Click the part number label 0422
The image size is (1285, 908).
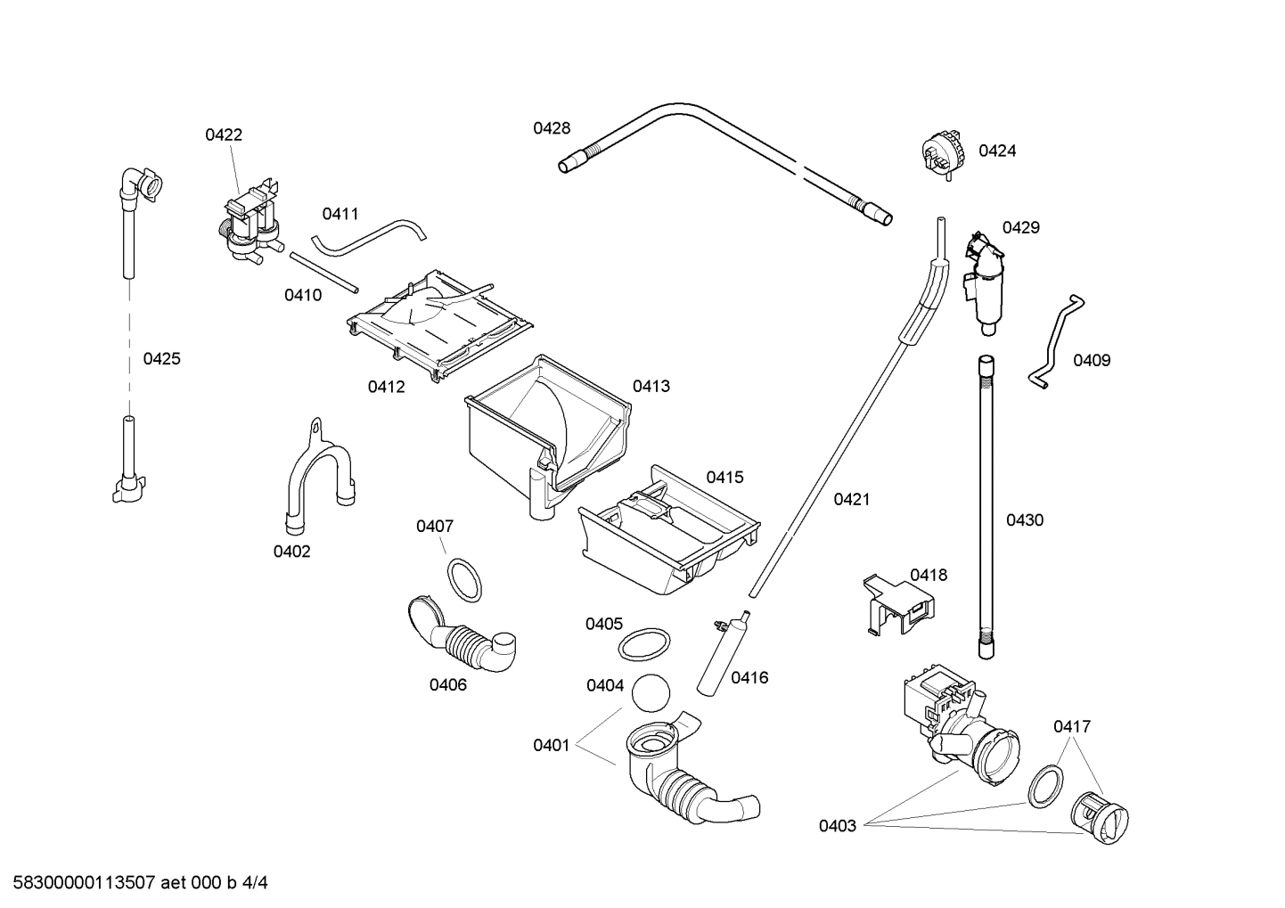pos(224,135)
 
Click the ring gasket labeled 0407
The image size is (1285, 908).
pos(464,579)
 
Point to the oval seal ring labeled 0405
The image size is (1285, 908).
pos(643,643)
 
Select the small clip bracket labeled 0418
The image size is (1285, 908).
pos(898,604)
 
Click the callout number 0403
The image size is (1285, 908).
pos(838,826)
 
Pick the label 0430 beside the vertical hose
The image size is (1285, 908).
pos(1025,520)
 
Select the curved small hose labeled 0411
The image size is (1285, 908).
pos(369,235)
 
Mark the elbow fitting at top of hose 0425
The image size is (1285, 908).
pos(141,185)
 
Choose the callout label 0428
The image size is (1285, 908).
pos(552,128)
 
